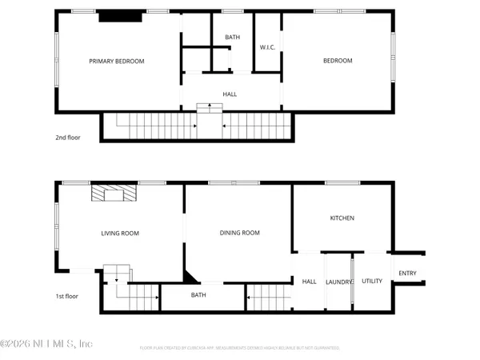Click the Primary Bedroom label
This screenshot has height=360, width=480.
[117, 61]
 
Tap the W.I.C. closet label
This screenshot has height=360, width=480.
[267, 47]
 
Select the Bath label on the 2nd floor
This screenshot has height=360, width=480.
[232, 38]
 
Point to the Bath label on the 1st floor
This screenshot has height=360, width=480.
[199, 295]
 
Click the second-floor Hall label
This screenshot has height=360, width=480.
[230, 94]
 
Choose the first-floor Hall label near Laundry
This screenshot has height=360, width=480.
[309, 281]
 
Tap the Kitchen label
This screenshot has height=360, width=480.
[342, 218]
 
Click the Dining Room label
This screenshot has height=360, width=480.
[240, 233]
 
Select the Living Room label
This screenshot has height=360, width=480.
[120, 234]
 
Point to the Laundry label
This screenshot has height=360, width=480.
[339, 282]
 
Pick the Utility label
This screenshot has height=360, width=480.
[372, 281]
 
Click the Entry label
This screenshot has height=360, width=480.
[407, 274]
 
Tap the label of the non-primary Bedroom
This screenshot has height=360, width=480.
[337, 61]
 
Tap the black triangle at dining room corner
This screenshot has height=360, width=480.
[190, 277]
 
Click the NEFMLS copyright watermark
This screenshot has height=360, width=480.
[46, 343]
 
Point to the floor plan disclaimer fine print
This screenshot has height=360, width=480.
[240, 348]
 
